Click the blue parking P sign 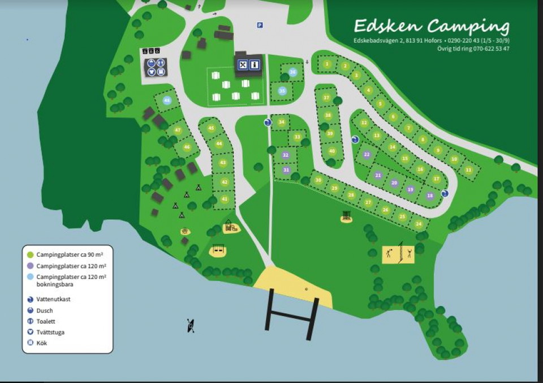click(x=260, y=25)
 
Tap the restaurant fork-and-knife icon click(x=243, y=65)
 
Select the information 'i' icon click(x=255, y=65)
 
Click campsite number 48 click(x=166, y=100)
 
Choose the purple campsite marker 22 click(x=367, y=154)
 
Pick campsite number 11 click(x=468, y=169)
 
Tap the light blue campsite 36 click(x=292, y=72)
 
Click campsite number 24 click(x=419, y=224)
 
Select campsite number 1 click(x=326, y=64)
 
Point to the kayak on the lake click(x=191, y=325)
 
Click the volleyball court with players click(x=398, y=253)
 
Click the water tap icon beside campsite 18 click(x=445, y=193)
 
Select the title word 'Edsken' click(x=388, y=26)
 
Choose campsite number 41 click(x=225, y=199)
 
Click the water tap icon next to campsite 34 click(x=267, y=122)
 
